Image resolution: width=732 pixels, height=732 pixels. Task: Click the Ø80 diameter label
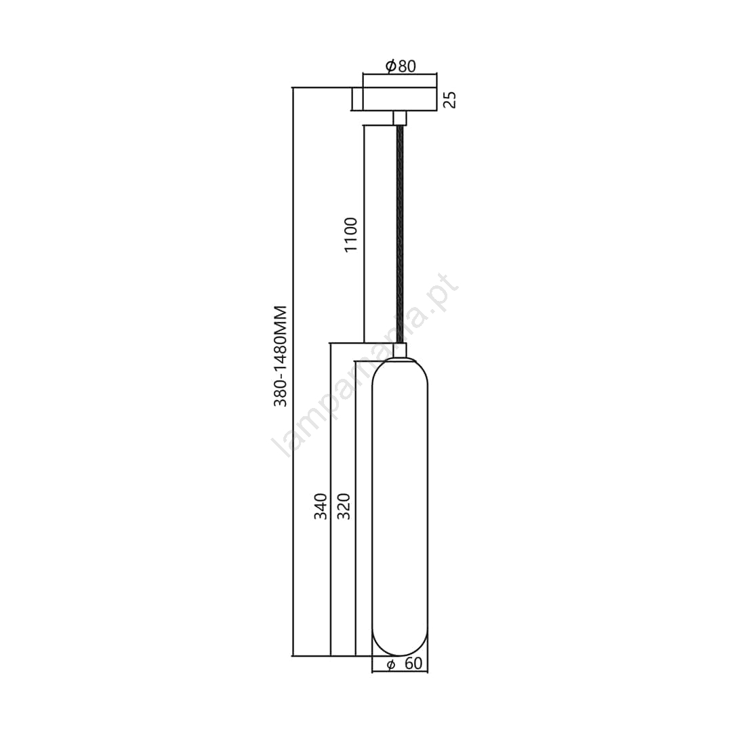tap(401, 66)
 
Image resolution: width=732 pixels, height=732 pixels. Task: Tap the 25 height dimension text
tap(449, 100)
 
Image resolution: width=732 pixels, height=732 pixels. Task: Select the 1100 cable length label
tap(350, 235)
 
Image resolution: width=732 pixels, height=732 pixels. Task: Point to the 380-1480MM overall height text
tap(280, 357)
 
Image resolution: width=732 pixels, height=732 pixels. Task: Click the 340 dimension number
tap(320, 506)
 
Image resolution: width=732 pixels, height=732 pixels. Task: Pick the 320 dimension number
tap(344, 506)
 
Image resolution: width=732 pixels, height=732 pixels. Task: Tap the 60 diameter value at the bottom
tap(413, 664)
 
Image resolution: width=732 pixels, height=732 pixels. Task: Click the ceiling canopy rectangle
tap(394, 99)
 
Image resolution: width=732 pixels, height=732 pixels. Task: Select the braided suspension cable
tap(400, 235)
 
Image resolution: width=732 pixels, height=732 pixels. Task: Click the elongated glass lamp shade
tap(400, 508)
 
